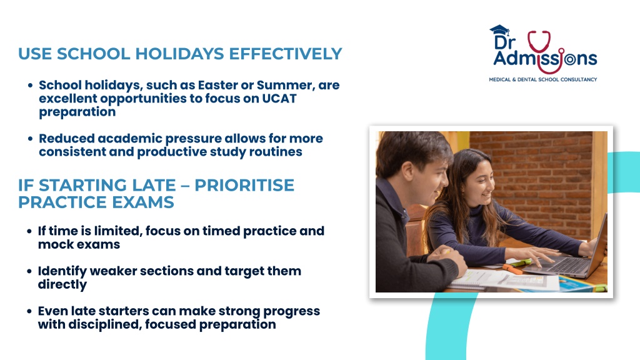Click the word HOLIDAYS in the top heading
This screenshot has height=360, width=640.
[x=179, y=54]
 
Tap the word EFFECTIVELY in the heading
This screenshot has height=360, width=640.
[x=285, y=54]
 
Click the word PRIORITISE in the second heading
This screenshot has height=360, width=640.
[x=244, y=185]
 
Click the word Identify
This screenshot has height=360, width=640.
[x=62, y=271]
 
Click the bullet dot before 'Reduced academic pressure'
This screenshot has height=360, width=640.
[x=30, y=139]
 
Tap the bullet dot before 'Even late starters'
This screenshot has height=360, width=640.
[x=29, y=311]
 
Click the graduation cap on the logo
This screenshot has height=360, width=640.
[x=499, y=30]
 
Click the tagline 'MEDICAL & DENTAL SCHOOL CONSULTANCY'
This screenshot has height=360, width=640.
[x=543, y=79]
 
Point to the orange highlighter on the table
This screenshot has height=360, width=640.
[x=512, y=269]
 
